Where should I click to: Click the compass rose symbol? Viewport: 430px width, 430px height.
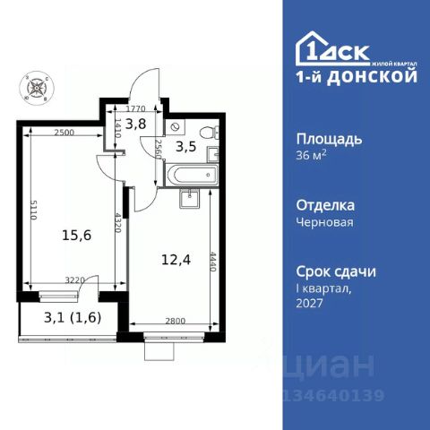[x=37, y=88]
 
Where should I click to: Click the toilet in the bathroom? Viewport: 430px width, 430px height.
[x=210, y=132]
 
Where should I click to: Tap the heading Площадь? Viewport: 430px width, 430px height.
[x=329, y=139]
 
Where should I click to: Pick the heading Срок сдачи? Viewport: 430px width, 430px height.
[x=335, y=271]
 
